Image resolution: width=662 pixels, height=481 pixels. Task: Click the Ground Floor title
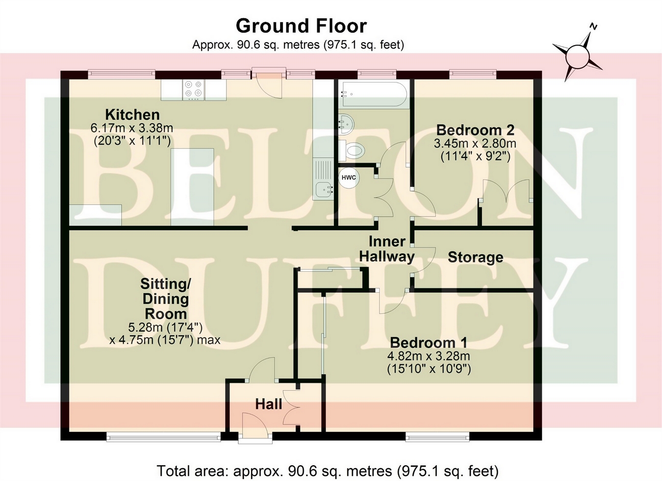301,25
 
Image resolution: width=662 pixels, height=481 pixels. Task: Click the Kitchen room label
132,115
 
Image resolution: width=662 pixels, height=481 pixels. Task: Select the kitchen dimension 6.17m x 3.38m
132,128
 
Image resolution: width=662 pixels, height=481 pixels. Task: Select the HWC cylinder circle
349,177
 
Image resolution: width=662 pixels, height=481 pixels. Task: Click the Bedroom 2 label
475,130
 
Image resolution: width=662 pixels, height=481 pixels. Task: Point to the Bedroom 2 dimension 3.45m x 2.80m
475,144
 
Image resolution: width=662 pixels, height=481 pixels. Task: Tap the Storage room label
475,257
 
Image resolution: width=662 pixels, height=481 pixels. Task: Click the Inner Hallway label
387,249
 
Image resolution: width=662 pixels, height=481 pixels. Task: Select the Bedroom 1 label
429,342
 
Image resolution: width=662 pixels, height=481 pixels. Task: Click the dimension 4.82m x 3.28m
429,356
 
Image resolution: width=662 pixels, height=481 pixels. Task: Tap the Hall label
269,404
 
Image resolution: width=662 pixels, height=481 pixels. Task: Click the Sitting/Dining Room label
165,299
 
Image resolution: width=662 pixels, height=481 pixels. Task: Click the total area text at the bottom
328,471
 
